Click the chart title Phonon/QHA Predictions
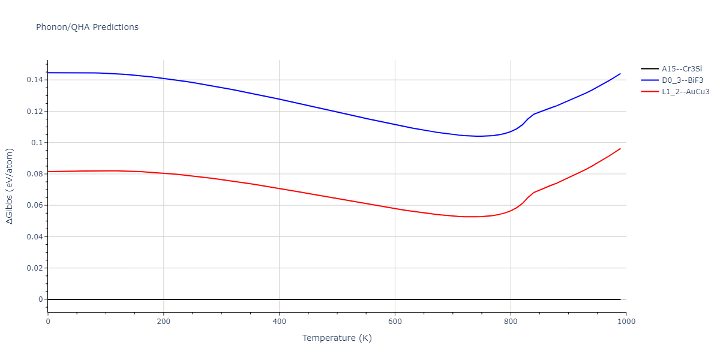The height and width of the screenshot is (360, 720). (87, 27)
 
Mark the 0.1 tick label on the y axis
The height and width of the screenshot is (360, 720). (38, 143)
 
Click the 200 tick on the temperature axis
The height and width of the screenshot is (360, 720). (163, 321)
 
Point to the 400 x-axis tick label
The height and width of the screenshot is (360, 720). (279, 321)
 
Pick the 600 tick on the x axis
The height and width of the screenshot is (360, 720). (395, 321)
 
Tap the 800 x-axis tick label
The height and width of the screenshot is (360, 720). (511, 321)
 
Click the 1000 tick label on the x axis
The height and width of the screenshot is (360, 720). (626, 321)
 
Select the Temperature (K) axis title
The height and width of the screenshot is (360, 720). (337, 338)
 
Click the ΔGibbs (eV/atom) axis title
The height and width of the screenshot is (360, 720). (10, 186)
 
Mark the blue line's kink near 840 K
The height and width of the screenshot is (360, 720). (533, 114)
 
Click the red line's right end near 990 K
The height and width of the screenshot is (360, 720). (620, 149)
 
